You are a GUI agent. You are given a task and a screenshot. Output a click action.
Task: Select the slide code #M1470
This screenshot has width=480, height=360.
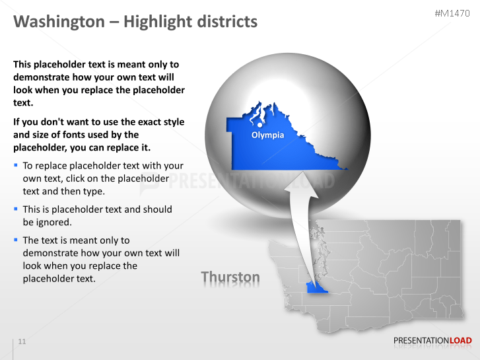453,14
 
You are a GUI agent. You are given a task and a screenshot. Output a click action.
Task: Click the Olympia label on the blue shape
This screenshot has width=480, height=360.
267,135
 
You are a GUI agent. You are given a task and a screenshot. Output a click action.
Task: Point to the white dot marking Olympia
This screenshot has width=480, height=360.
260,124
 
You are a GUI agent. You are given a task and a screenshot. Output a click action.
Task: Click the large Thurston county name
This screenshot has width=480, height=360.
230,277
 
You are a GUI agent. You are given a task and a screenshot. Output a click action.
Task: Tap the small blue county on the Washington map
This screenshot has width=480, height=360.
316,288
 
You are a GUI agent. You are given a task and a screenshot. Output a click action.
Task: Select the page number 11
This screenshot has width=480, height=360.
22,342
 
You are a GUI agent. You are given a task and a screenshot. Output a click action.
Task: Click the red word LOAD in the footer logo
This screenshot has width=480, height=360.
460,341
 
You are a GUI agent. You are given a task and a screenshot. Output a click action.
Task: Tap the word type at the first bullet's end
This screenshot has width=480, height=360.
93,192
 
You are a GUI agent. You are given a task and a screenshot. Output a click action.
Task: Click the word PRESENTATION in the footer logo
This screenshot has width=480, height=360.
421,341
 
